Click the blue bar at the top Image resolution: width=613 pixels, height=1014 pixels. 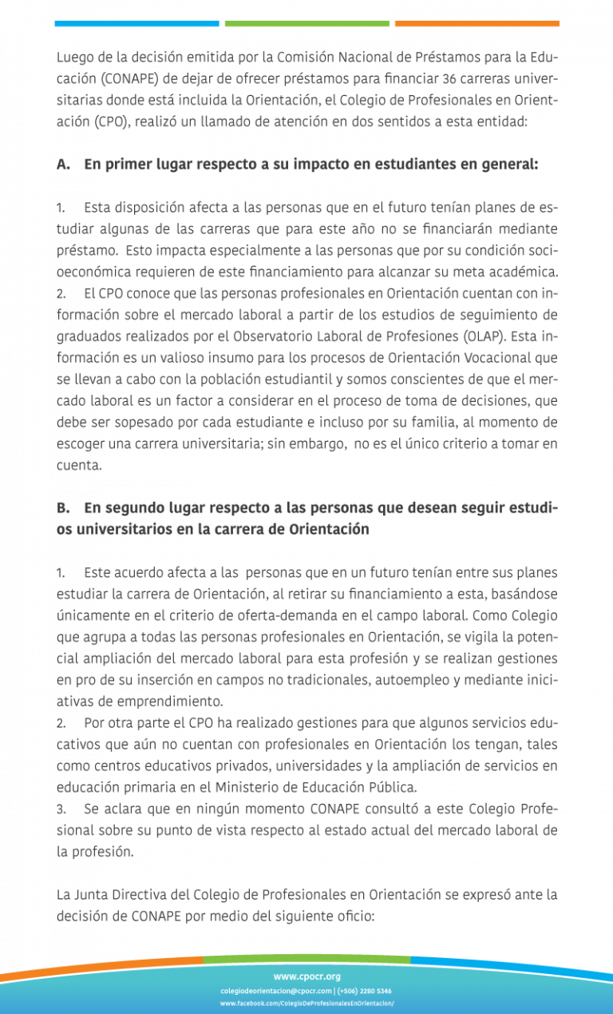[136, 24]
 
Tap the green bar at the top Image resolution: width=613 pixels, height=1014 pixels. [307, 24]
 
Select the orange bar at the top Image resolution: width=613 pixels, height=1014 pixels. [477, 24]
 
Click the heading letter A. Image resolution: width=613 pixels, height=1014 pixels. [62, 165]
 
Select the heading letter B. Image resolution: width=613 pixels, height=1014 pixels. [62, 508]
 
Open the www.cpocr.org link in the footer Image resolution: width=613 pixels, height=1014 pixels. [307, 977]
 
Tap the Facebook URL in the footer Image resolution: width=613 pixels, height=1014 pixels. [307, 1004]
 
